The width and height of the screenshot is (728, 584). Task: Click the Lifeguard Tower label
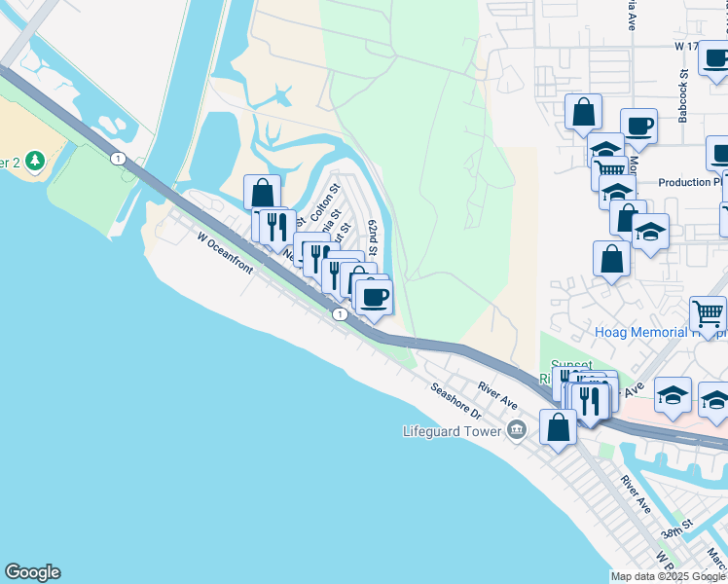[452, 430]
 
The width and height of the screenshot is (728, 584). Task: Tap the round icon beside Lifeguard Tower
[516, 429]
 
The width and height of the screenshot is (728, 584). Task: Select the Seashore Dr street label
[456, 400]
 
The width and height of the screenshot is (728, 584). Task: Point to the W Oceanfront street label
[225, 252]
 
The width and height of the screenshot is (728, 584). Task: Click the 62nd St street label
[372, 238]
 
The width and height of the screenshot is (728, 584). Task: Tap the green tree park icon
[35, 160]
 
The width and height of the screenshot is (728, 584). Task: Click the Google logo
[32, 572]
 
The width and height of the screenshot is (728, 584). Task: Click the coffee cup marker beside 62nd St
[374, 296]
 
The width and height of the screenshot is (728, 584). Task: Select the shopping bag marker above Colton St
[262, 191]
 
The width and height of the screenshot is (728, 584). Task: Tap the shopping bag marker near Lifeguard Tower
[558, 425]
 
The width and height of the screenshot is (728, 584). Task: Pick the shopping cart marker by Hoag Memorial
[708, 312]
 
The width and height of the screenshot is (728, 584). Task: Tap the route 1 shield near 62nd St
[339, 314]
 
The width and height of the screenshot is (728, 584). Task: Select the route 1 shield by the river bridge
[118, 158]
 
